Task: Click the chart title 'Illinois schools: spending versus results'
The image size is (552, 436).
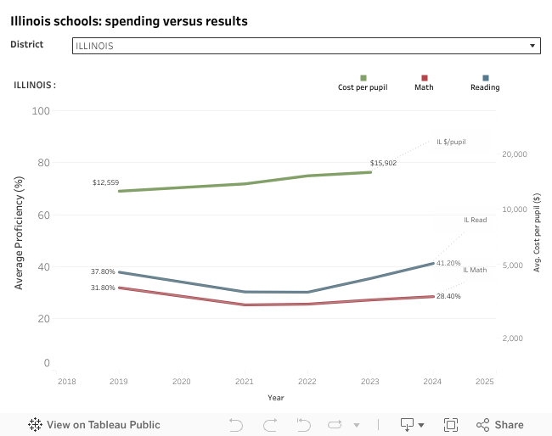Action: point(129,20)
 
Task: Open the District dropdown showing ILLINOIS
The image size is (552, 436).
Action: point(306,46)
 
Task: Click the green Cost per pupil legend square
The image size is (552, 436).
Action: point(363,78)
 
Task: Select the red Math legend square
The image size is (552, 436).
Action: point(424,78)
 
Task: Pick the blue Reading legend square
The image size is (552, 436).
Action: point(485,78)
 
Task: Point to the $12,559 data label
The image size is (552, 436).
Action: point(106,182)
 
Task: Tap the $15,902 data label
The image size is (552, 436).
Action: point(383,163)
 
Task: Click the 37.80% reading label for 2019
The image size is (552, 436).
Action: point(103,271)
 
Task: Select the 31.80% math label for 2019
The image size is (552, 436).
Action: point(103,288)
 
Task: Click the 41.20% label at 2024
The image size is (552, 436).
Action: point(448,263)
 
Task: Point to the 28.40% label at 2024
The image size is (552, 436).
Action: point(448,296)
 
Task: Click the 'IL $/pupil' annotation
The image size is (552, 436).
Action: point(451,142)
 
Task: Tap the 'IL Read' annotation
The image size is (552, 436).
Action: point(475,220)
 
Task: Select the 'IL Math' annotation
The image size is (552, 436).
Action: point(475,270)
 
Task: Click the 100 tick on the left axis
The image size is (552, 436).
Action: point(41,111)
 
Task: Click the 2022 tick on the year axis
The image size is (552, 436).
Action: point(307,382)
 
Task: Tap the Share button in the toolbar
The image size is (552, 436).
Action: point(500,424)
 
